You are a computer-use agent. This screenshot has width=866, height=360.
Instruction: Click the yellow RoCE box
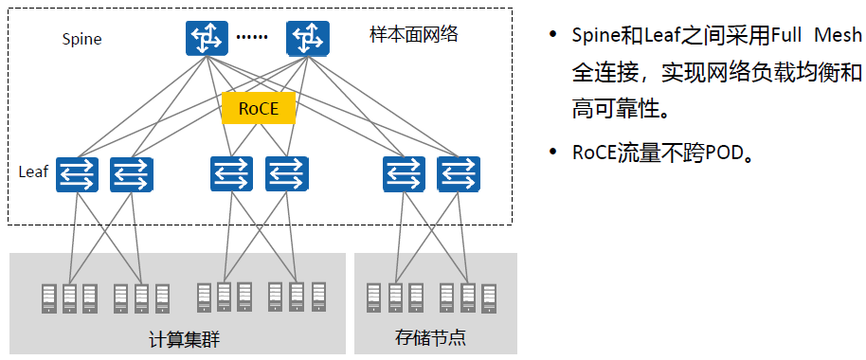pyautogui.click(x=259, y=108)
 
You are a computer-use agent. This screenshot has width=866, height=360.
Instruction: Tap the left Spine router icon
pyautogui.click(x=207, y=38)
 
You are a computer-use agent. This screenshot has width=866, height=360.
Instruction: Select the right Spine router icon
pyautogui.click(x=308, y=38)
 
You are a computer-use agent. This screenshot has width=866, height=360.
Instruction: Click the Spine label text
pyautogui.click(x=81, y=40)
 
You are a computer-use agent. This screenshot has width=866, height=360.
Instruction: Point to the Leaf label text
pyautogui.click(x=34, y=171)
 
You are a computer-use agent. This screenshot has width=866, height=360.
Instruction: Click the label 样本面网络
pyautogui.click(x=414, y=35)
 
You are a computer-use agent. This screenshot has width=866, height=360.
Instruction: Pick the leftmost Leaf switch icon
pyautogui.click(x=77, y=174)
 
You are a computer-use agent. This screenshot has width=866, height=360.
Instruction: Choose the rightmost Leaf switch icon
pyautogui.click(x=459, y=174)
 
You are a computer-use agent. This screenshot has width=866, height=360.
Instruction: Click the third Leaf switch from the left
pyautogui.click(x=231, y=174)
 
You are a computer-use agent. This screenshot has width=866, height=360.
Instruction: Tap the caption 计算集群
pyautogui.click(x=185, y=339)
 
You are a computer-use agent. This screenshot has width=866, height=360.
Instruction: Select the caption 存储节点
pyautogui.click(x=431, y=337)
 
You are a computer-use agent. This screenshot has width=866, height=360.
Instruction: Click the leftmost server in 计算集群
pyautogui.click(x=49, y=298)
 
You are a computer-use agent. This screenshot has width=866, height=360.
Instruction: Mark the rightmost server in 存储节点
pyautogui.click(x=488, y=298)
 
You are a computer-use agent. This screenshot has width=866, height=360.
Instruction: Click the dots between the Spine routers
pyautogui.click(x=252, y=37)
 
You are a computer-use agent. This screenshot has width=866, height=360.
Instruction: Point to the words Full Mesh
pyautogui.click(x=816, y=36)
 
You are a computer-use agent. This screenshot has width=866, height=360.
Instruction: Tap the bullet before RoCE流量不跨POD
pyautogui.click(x=552, y=152)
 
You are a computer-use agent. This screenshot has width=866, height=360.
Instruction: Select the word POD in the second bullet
pyautogui.click(x=724, y=153)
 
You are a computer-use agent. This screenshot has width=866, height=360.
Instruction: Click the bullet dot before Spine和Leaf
pyautogui.click(x=552, y=35)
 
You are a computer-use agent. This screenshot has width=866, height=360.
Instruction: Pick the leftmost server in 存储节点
pyautogui.click(x=374, y=298)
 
